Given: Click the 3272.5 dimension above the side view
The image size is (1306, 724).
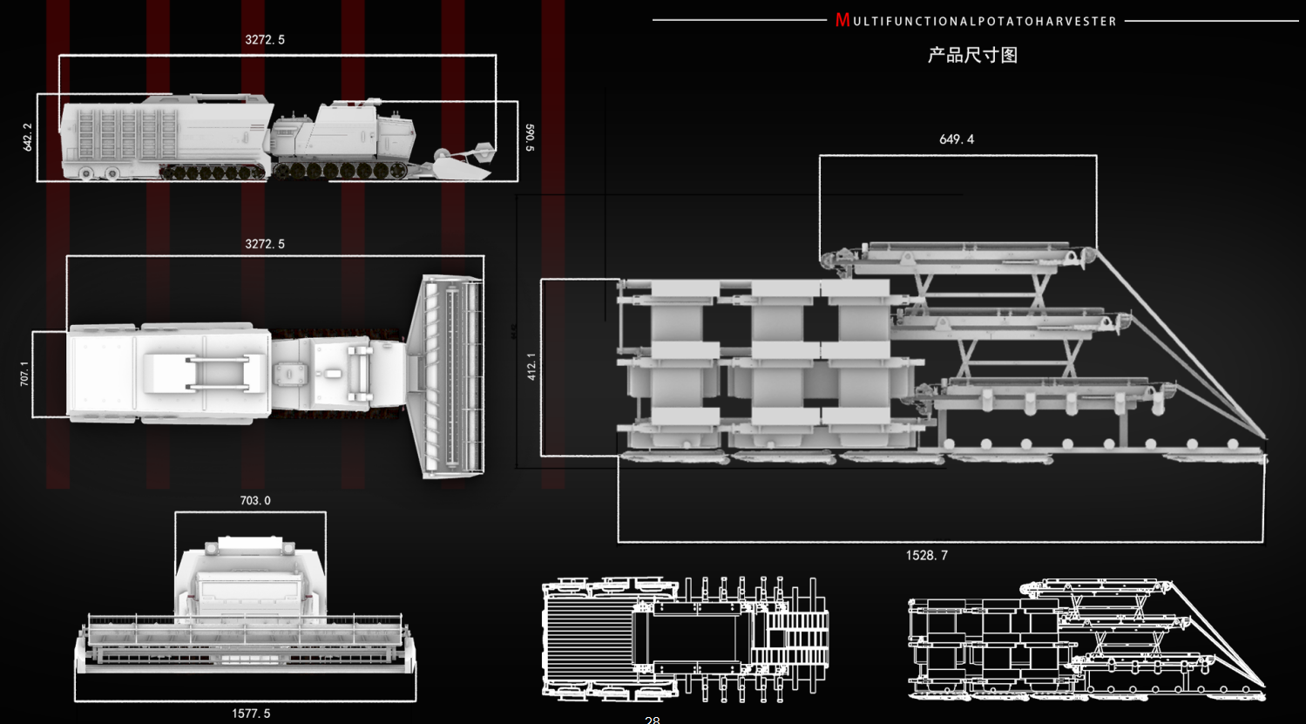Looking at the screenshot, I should tap(265, 40).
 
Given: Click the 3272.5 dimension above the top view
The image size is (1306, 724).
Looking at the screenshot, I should tap(265, 244).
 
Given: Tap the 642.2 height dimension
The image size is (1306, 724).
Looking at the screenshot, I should tap(28, 137).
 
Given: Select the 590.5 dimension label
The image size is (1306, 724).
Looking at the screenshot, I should tap(530, 138).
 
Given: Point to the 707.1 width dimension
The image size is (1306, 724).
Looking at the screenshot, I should tap(24, 374).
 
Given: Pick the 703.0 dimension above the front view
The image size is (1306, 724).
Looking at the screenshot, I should tap(255, 500).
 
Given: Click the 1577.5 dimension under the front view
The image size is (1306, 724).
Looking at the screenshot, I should tap(251, 714).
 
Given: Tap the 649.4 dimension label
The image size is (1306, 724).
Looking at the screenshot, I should tap(957, 139).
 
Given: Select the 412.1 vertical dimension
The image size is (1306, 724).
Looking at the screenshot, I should tap(532, 366).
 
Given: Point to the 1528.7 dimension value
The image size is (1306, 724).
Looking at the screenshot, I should tap(927, 555).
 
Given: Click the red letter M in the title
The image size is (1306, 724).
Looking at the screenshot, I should tap(842, 20).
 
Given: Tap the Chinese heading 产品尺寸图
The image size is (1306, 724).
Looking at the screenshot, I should tap(972, 55).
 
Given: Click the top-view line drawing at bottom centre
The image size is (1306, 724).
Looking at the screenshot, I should tap(685, 638).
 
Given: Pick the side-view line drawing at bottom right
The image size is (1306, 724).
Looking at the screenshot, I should tap(1086, 640).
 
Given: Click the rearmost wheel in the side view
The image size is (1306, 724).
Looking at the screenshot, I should tap(86, 173).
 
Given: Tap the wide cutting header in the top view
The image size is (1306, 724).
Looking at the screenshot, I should tap(451, 376).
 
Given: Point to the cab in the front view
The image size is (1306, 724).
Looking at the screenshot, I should tap(250, 584).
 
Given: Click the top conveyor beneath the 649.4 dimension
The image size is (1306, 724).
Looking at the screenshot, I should tap(958, 257).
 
